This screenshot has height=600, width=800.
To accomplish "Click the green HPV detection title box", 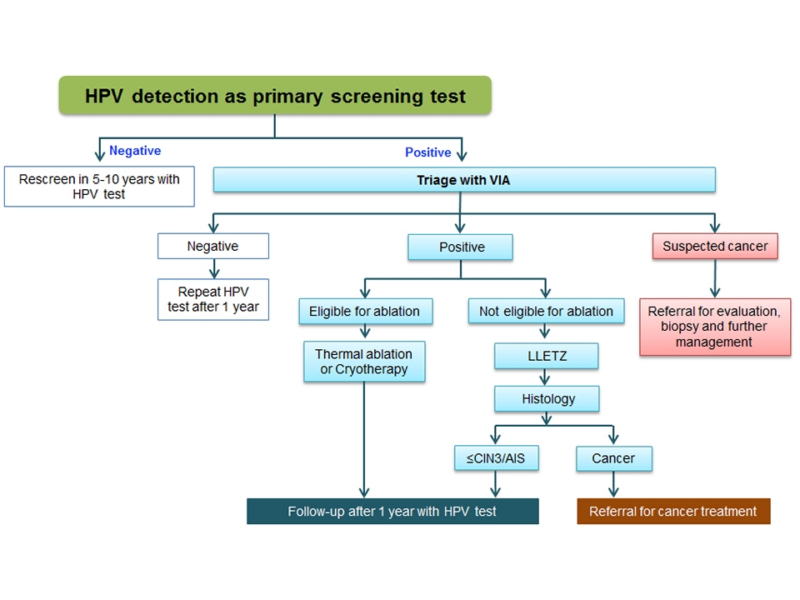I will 275,96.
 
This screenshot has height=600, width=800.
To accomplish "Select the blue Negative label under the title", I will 135,151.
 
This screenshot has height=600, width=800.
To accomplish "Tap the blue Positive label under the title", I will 428,152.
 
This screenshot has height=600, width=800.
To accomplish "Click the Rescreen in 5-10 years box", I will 99,187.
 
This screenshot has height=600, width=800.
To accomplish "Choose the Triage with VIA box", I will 464,180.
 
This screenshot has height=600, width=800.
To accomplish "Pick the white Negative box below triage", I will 213,246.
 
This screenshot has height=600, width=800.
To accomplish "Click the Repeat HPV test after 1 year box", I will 213,299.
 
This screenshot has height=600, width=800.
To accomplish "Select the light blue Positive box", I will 460,247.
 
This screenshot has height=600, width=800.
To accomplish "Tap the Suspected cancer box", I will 715,246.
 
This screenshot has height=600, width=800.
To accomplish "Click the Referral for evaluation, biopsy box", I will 715,327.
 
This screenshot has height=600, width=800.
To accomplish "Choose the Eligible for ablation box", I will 364,312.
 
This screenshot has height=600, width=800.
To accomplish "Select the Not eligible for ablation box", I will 546,312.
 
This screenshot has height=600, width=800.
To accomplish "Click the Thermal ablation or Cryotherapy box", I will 364,362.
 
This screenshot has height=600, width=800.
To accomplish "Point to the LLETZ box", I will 546,357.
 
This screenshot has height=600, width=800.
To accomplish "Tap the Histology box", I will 546,398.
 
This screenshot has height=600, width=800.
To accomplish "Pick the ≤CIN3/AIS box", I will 496,458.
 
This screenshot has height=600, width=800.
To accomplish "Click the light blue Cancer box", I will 613,458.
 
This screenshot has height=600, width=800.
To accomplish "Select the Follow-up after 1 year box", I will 392,511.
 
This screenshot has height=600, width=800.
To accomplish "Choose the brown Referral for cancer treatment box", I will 673,511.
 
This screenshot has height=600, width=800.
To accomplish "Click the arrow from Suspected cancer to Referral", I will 715,280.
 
